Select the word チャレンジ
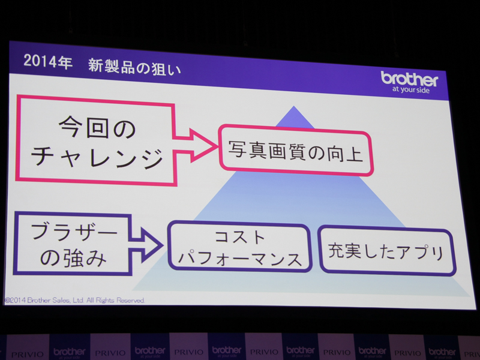pyautogui.click(x=97, y=157)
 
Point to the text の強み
pyautogui.click(x=68, y=258)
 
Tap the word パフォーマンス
pyautogui.click(x=240, y=259)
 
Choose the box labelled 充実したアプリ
pyautogui.click(x=386, y=251)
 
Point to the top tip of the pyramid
pyautogui.click(x=294, y=107)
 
